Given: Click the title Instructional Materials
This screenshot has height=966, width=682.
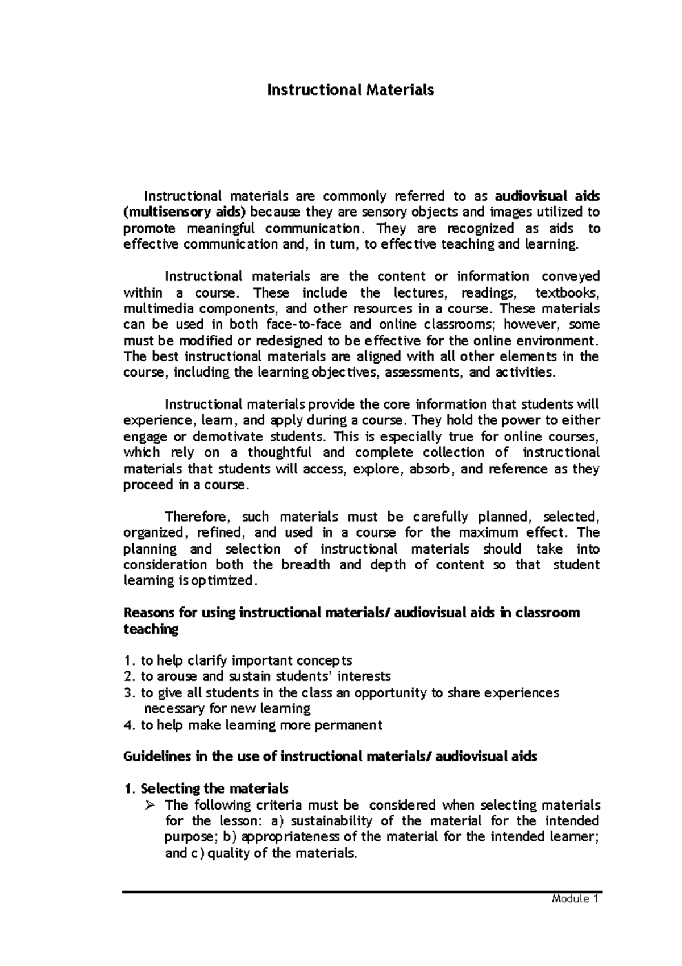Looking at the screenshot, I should [351, 90].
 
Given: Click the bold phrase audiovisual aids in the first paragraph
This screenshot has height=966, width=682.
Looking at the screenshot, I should [547, 196].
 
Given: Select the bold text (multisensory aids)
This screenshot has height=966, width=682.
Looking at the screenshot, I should [185, 212].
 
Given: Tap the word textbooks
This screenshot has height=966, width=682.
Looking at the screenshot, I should [567, 293].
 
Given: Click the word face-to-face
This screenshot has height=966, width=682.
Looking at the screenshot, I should [303, 325].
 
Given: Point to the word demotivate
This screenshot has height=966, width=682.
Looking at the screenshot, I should [228, 437].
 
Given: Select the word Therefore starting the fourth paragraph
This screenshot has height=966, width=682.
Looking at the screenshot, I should [197, 517].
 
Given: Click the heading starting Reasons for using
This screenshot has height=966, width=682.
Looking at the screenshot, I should [351, 613].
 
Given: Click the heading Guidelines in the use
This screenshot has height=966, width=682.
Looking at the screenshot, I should [330, 757].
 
